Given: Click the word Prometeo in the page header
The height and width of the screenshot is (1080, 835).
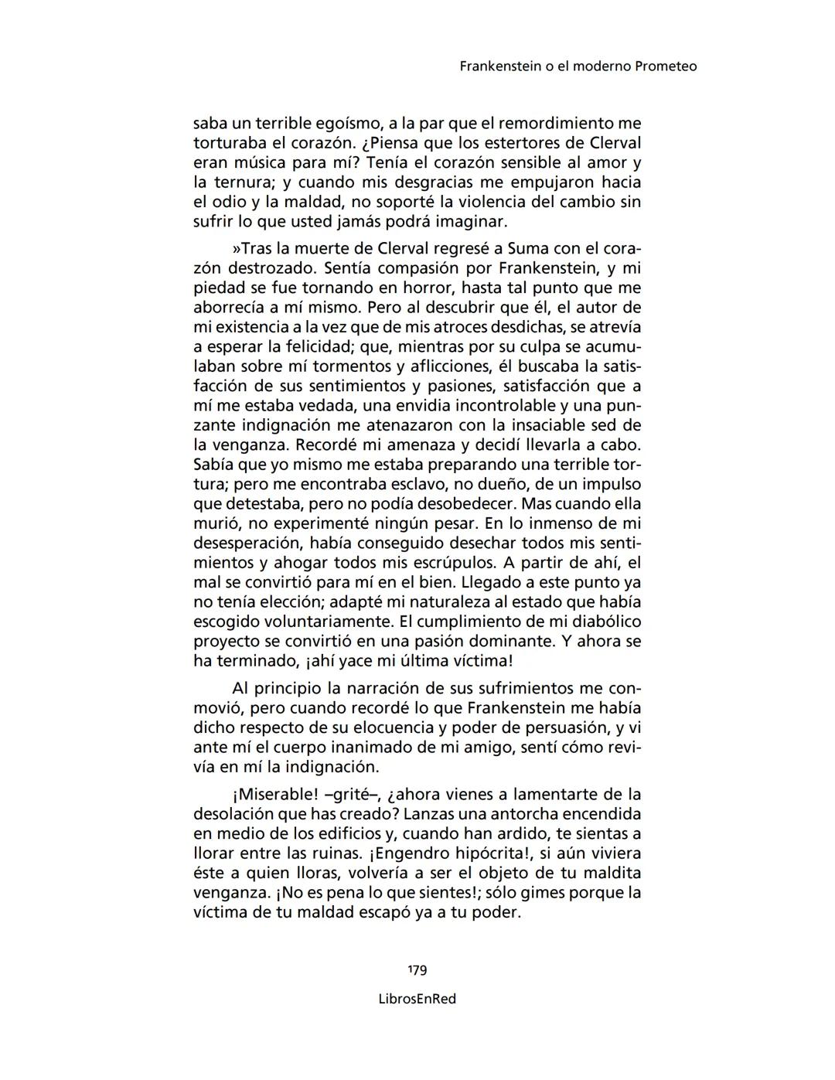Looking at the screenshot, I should click(665, 66).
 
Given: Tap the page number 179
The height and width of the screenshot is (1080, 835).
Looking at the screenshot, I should click(417, 970).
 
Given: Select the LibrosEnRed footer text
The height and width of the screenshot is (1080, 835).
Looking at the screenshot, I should click(417, 999).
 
